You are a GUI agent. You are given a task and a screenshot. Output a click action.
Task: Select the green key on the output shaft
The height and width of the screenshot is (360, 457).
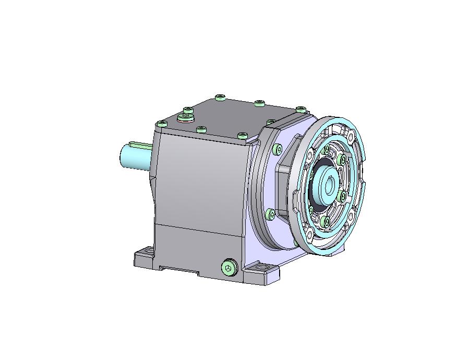point(140,144)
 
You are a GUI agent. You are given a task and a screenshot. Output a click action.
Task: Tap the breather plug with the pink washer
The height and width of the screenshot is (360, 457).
point(185,117)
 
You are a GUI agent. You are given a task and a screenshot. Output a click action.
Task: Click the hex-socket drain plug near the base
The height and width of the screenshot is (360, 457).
point(228,268)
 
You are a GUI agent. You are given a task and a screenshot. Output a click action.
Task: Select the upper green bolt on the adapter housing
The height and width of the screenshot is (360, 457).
point(276,150)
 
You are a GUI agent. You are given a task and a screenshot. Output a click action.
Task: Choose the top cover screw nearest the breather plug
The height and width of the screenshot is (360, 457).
point(188,110)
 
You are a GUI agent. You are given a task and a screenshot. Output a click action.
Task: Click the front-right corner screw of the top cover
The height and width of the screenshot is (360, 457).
point(242,136)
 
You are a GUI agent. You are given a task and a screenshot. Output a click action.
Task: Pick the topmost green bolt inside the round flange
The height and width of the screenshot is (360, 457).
point(328,150)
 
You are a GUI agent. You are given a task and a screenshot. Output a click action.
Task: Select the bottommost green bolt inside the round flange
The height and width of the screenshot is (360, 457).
point(326,222)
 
